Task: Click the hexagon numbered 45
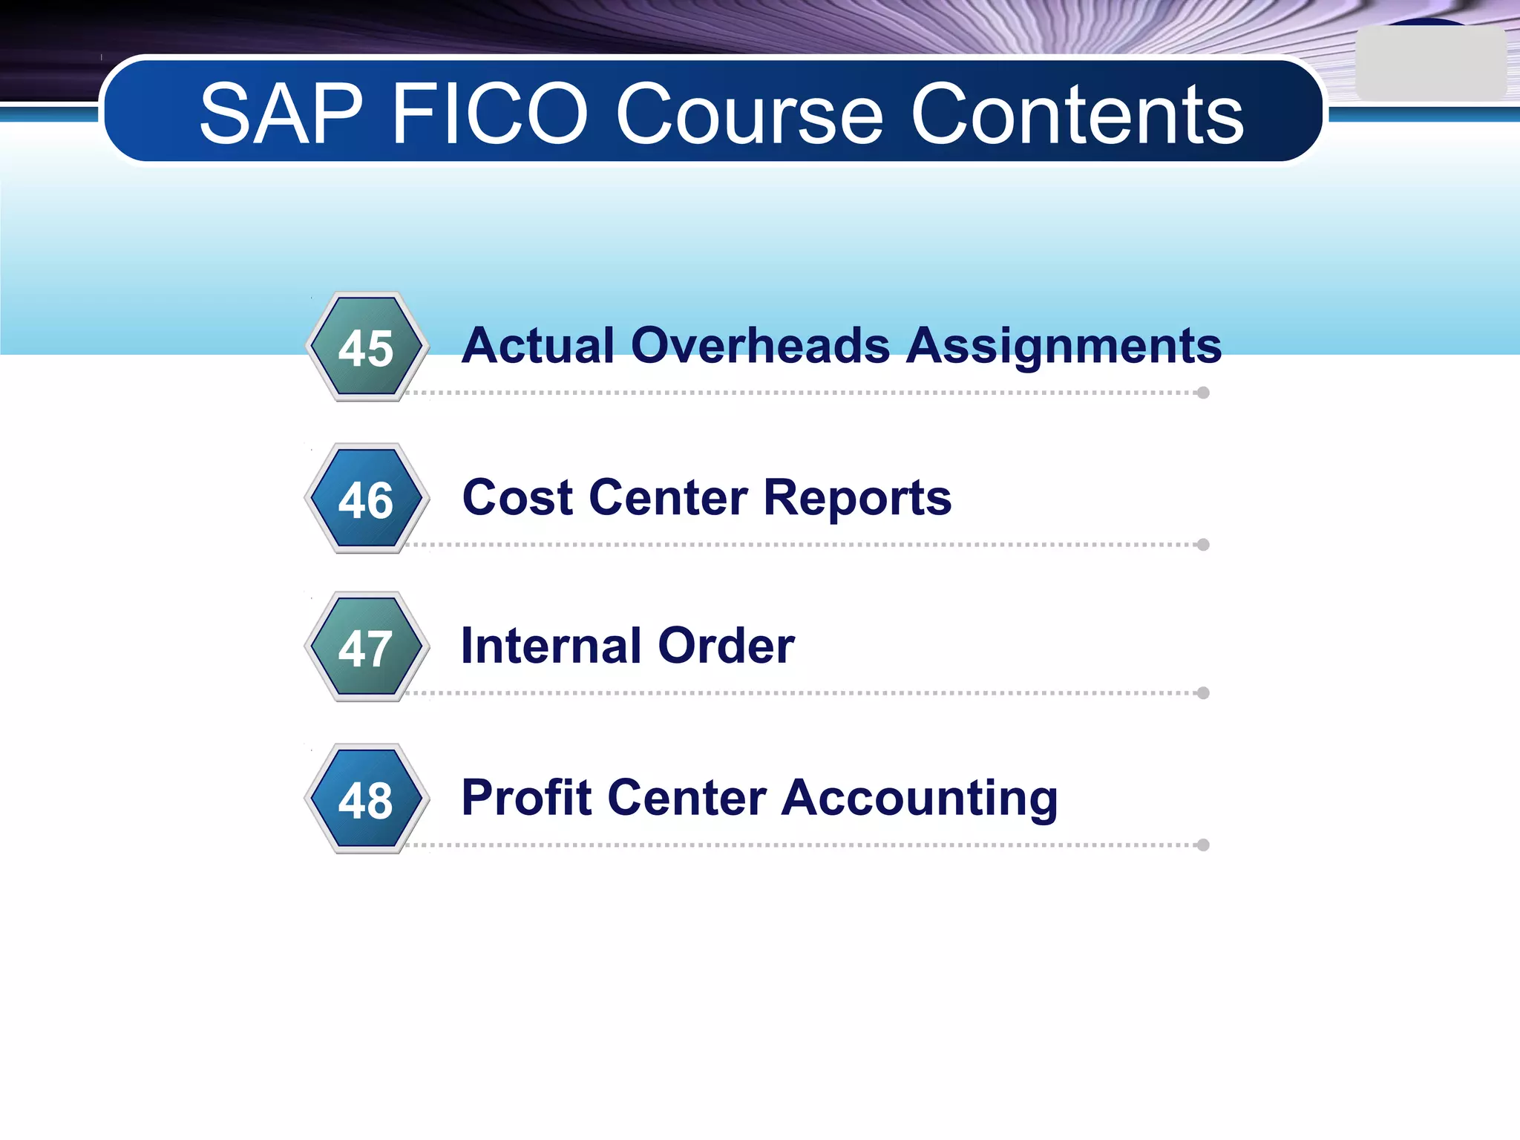point(366,347)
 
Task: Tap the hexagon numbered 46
point(366,499)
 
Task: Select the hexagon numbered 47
point(366,647)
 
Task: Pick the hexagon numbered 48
point(366,799)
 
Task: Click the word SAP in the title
point(281,114)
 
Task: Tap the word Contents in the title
point(1077,114)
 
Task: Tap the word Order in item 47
point(726,645)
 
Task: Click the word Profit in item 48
point(526,797)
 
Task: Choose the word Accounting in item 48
point(920,799)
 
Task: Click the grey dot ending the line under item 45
point(1203,393)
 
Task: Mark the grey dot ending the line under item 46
point(1203,545)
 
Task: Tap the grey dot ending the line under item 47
point(1203,693)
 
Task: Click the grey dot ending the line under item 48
point(1203,845)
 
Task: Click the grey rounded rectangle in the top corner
point(1430,65)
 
